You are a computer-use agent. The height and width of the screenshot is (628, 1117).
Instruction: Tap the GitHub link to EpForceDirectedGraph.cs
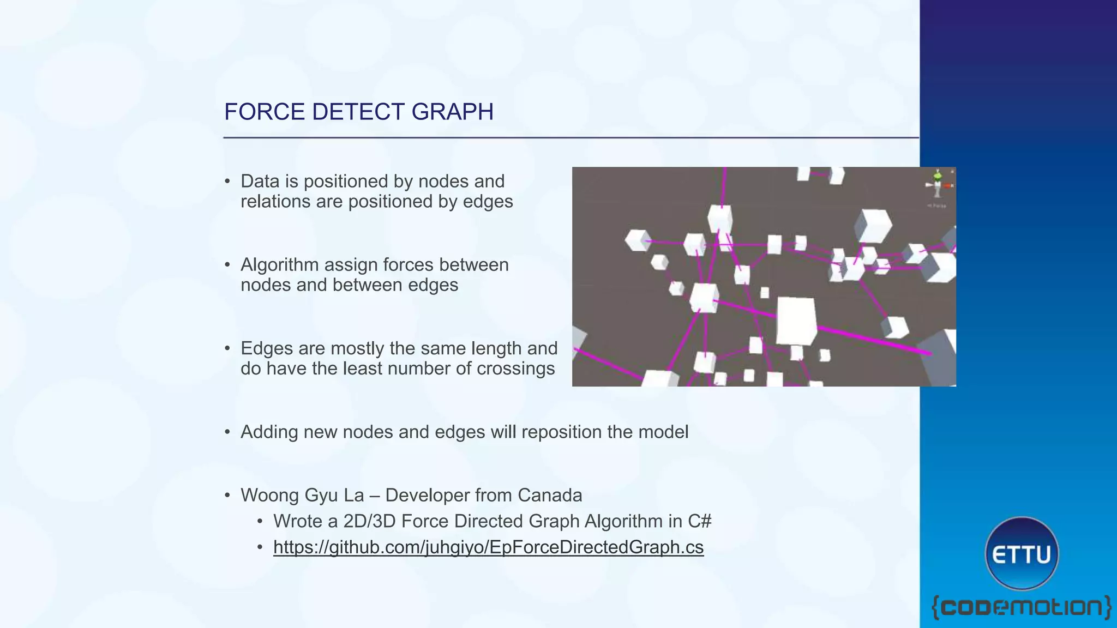(x=488, y=547)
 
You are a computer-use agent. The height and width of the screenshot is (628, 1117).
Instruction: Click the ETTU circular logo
(x=1022, y=554)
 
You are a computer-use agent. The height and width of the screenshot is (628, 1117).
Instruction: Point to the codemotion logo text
(x=1021, y=607)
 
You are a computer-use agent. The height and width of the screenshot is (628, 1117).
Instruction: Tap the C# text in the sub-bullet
(x=699, y=521)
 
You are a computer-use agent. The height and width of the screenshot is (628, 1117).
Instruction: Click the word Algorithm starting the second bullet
(x=279, y=265)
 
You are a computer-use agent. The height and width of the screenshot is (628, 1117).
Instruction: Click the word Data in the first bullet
(x=260, y=182)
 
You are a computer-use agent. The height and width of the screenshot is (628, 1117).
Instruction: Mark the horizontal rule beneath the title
(x=570, y=138)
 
